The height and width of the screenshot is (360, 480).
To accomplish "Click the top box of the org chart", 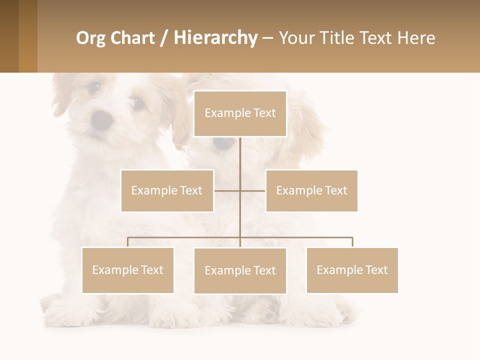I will point(240,113).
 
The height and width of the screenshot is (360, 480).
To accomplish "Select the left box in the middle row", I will point(167,190).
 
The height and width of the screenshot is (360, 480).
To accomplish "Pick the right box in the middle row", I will point(311,190).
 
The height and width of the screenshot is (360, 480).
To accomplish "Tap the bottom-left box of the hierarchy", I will point(127,270).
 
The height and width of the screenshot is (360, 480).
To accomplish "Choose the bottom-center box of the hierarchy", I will point(240,270).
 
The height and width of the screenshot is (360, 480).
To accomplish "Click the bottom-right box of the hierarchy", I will point(352,270).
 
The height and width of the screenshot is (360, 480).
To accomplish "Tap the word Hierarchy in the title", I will point(215,38).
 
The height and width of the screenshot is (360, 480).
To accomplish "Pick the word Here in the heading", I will point(416,38).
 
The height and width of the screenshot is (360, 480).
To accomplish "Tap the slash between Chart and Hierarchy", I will point(165,38).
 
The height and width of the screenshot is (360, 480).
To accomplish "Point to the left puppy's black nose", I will point(102,119).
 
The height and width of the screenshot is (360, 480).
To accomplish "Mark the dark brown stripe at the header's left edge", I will point(9,36).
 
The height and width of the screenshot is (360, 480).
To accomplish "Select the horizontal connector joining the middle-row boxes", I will point(240,190).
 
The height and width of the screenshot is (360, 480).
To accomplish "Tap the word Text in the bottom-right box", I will point(376,270).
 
